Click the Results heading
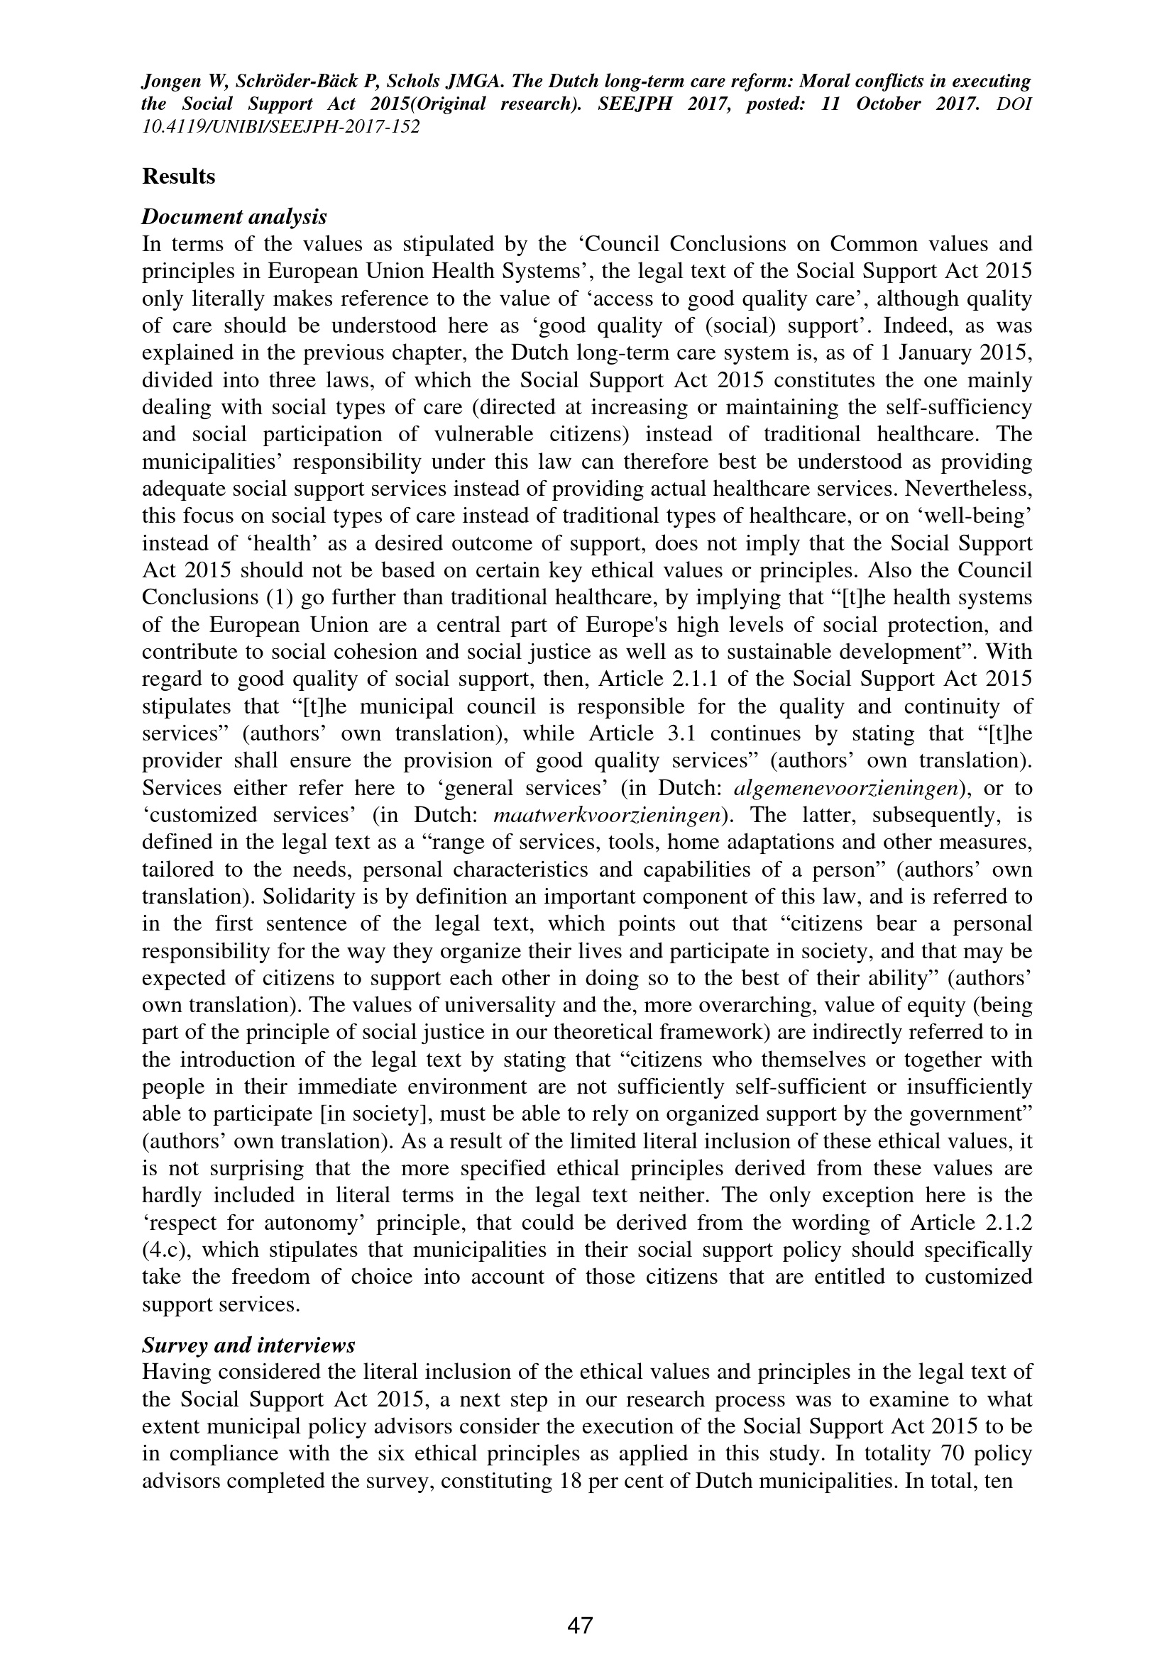[179, 177]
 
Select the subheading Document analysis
[234, 217]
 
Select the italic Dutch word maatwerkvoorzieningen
[610, 815]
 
